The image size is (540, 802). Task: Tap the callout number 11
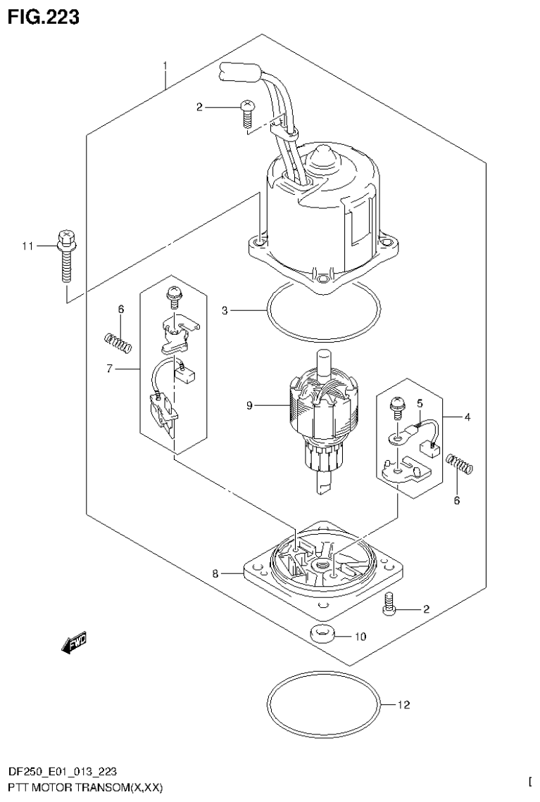point(27,246)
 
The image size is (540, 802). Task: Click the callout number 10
point(360,637)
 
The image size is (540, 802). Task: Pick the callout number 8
point(216,574)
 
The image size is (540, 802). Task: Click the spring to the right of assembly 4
point(460,464)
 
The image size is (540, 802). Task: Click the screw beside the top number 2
point(246,114)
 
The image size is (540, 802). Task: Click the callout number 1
point(165,67)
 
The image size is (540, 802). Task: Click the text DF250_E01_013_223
point(68,772)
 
